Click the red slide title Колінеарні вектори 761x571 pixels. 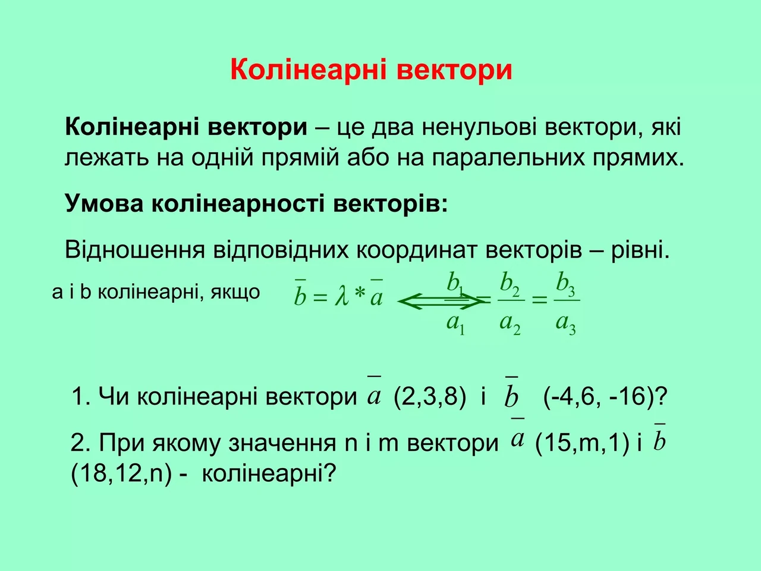point(372,70)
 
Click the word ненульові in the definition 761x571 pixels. point(479,127)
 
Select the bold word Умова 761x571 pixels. point(104,203)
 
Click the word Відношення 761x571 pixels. point(135,250)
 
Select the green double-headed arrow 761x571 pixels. point(441,302)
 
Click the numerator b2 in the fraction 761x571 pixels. point(510,285)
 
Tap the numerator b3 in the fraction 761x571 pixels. point(565,285)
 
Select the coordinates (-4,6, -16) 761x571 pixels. point(605,396)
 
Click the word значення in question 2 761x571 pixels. point(282,444)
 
